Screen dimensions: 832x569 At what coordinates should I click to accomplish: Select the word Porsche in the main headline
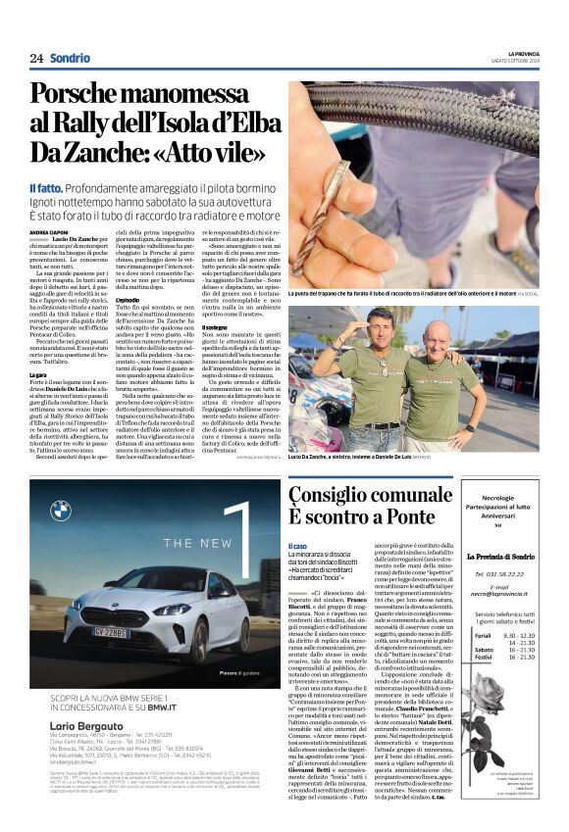point(78,95)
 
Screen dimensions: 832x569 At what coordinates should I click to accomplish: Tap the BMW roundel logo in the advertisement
point(61,511)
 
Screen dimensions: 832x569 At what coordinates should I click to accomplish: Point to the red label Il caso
point(296,546)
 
